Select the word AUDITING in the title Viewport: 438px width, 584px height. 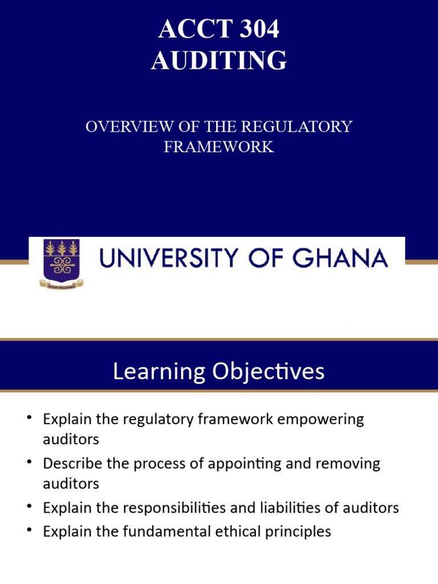click(219, 60)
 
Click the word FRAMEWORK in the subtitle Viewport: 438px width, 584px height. click(219, 147)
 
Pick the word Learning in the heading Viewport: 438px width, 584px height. click(159, 371)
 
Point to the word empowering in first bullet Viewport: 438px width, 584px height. click(317, 419)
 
